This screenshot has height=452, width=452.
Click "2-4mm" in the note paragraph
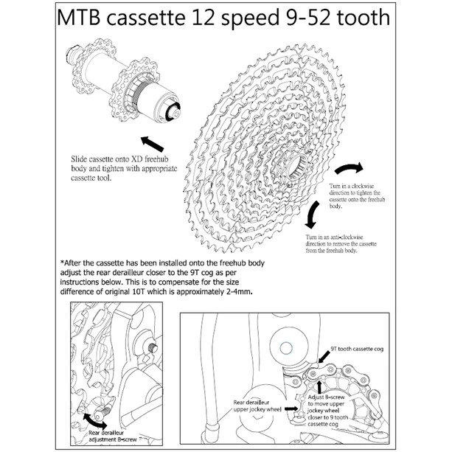point(235,292)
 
